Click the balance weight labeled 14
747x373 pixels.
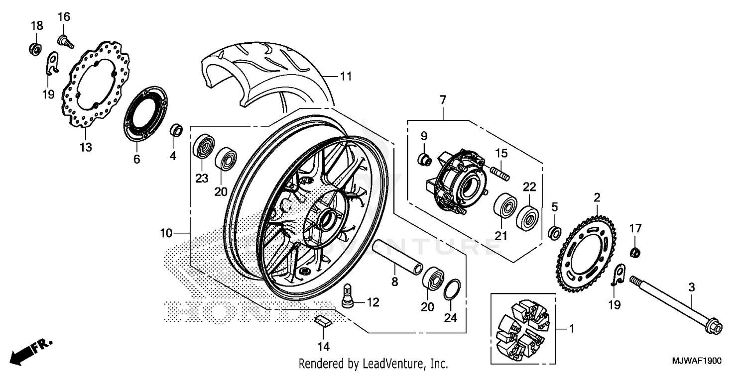tap(323, 319)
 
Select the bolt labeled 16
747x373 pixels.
tap(66, 41)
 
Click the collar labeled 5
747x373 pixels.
tap(554, 232)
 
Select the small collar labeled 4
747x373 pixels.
tap(177, 130)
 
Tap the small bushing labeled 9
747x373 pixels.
tap(424, 160)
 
